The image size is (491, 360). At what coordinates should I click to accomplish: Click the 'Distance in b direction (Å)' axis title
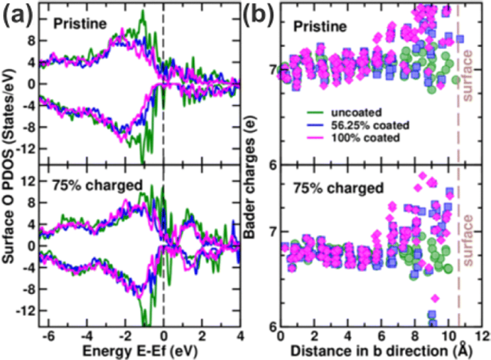coord(383,352)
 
